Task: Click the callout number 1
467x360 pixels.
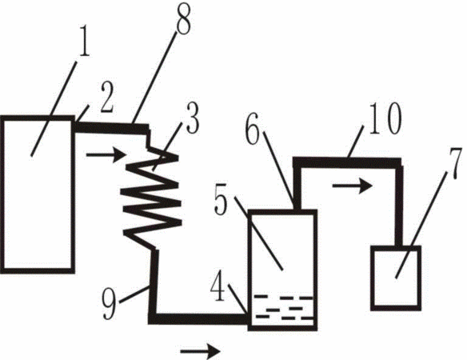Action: click(x=84, y=41)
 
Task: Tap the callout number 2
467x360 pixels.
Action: click(x=107, y=97)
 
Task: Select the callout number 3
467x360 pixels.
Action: click(x=193, y=118)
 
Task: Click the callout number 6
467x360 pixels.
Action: click(x=253, y=129)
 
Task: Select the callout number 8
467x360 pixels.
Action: click(x=183, y=18)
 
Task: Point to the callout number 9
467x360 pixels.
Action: click(x=109, y=304)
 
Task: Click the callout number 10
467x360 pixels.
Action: click(x=385, y=118)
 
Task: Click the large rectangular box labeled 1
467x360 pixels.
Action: click(x=38, y=194)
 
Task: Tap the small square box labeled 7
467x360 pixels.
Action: click(x=396, y=278)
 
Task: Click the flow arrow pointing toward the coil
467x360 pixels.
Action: click(x=106, y=155)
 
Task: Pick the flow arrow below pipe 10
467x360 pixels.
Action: click(x=353, y=186)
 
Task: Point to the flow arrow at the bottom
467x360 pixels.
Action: click(x=200, y=351)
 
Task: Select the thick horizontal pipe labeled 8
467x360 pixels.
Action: click(x=111, y=128)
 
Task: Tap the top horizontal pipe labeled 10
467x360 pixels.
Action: click(x=347, y=162)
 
